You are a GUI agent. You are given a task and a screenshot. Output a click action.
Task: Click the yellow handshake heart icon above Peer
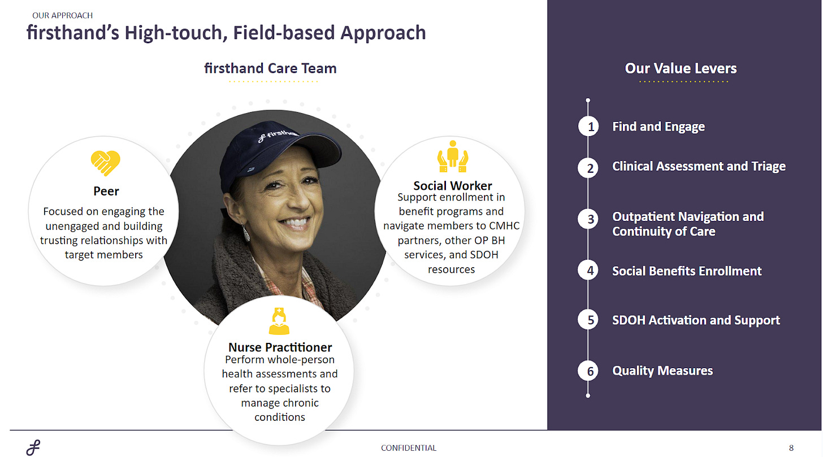click(106, 163)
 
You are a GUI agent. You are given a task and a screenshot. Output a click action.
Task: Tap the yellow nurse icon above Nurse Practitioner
click(279, 321)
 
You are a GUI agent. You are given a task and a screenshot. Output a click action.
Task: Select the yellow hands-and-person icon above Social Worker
click(453, 156)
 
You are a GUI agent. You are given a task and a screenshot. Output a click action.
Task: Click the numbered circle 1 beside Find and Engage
click(588, 127)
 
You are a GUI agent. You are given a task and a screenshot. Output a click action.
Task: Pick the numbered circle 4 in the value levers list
click(588, 271)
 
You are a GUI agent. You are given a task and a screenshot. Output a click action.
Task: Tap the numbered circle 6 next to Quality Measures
click(588, 371)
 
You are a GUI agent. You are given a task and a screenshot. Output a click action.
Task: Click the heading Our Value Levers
click(681, 68)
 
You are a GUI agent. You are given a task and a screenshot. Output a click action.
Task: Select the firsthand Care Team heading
click(270, 68)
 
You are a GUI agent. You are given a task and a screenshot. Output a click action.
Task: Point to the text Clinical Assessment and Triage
click(699, 166)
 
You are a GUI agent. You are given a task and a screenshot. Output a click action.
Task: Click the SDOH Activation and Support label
click(696, 320)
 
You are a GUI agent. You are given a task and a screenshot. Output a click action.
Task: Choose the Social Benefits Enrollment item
click(687, 271)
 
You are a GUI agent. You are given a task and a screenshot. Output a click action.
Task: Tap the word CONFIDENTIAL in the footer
click(409, 448)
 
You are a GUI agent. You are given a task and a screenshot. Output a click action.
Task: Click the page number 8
click(791, 448)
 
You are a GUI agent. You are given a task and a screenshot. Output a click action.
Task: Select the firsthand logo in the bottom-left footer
click(33, 447)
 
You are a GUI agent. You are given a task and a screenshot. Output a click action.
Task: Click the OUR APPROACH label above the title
click(62, 15)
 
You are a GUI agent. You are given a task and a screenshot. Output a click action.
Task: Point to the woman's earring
click(246, 233)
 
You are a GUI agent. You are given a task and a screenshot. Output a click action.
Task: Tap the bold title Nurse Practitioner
click(280, 347)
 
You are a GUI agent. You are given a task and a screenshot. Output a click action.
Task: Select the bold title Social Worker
click(453, 185)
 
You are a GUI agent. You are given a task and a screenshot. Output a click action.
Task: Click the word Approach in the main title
click(383, 33)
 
